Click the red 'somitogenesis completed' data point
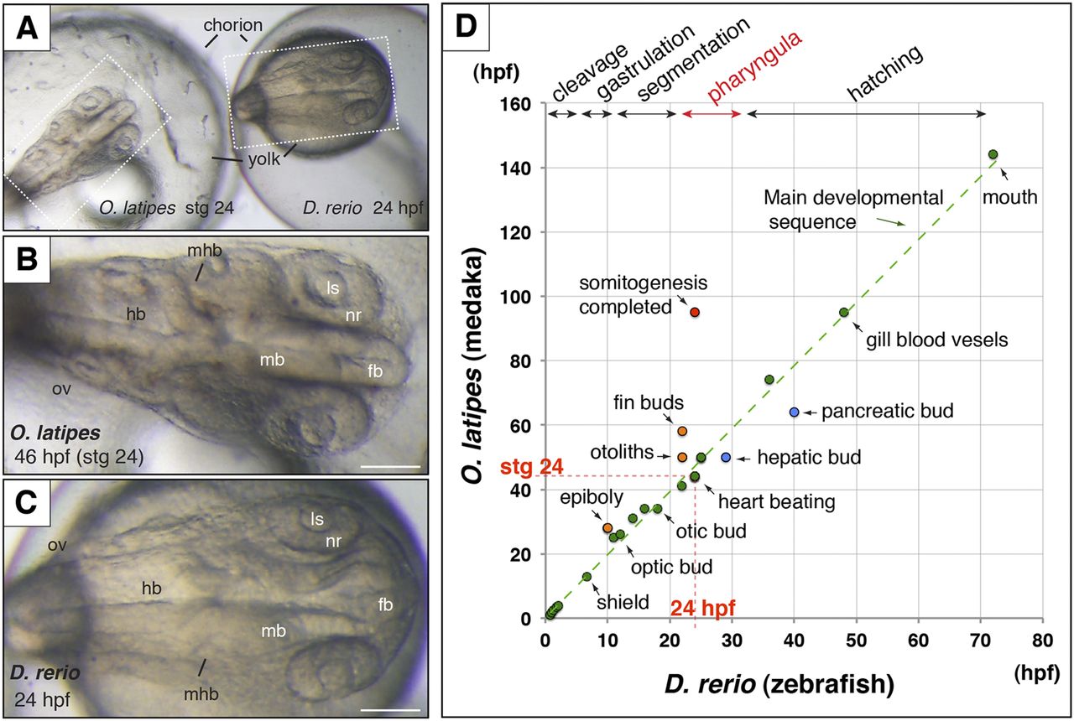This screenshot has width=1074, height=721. (x=695, y=312)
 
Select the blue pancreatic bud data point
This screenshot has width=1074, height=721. (x=794, y=412)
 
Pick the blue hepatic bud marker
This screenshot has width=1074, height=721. (x=726, y=457)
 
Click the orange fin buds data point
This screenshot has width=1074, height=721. (x=682, y=431)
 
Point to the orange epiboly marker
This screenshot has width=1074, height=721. (x=607, y=527)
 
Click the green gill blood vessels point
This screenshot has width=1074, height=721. (x=843, y=312)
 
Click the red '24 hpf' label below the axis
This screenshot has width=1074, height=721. (x=696, y=602)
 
